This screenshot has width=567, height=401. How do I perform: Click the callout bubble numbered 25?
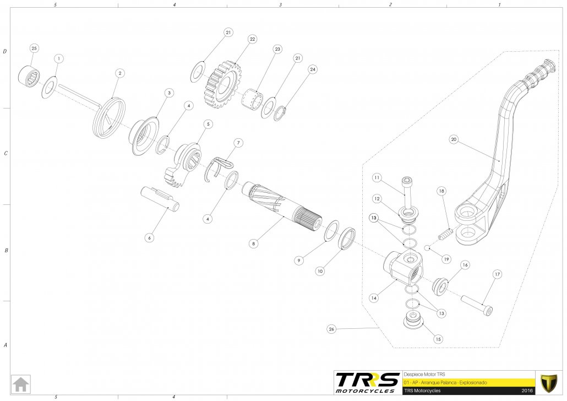[34, 48]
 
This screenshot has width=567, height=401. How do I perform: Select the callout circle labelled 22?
[252, 40]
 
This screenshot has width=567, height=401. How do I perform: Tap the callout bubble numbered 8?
[253, 242]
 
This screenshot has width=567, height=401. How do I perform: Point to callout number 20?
[454, 139]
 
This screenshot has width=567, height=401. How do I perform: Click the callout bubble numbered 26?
[331, 329]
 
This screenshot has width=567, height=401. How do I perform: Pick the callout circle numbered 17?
[497, 274]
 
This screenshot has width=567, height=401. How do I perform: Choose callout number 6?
[149, 238]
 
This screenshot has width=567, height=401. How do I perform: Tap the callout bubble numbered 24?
[313, 69]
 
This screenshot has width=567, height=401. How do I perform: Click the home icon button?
[21, 383]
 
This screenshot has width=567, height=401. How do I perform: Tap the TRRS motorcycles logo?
[367, 382]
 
